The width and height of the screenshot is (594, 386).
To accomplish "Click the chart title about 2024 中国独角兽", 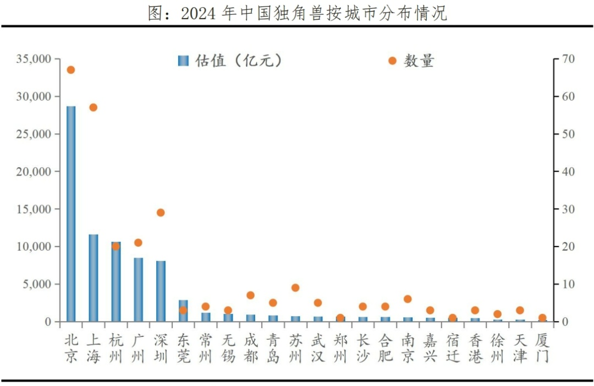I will point(297,13).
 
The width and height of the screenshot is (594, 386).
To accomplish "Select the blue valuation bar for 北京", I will point(71,214).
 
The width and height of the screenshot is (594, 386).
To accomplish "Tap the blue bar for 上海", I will point(94,278).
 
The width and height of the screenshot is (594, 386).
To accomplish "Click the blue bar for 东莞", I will point(183,311).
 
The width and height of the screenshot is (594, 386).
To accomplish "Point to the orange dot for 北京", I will point(71,70).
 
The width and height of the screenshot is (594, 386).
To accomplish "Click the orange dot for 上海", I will point(94,107).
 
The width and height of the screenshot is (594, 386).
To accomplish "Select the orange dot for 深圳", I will point(161,213).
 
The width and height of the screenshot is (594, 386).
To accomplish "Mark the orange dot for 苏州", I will point(295,287).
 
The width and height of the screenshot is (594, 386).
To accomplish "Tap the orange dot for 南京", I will point(408,299).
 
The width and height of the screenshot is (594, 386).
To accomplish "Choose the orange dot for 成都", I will point(250,295).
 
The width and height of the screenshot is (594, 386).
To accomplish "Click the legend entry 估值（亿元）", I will point(231,61).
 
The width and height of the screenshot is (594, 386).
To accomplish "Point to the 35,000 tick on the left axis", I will point(34,59).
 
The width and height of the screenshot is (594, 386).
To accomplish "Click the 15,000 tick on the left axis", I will point(34,209).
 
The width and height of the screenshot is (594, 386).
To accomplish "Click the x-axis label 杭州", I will point(116,349).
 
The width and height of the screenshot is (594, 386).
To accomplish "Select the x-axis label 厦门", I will point(542,349).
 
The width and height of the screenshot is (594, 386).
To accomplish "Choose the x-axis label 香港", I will point(475,349).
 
